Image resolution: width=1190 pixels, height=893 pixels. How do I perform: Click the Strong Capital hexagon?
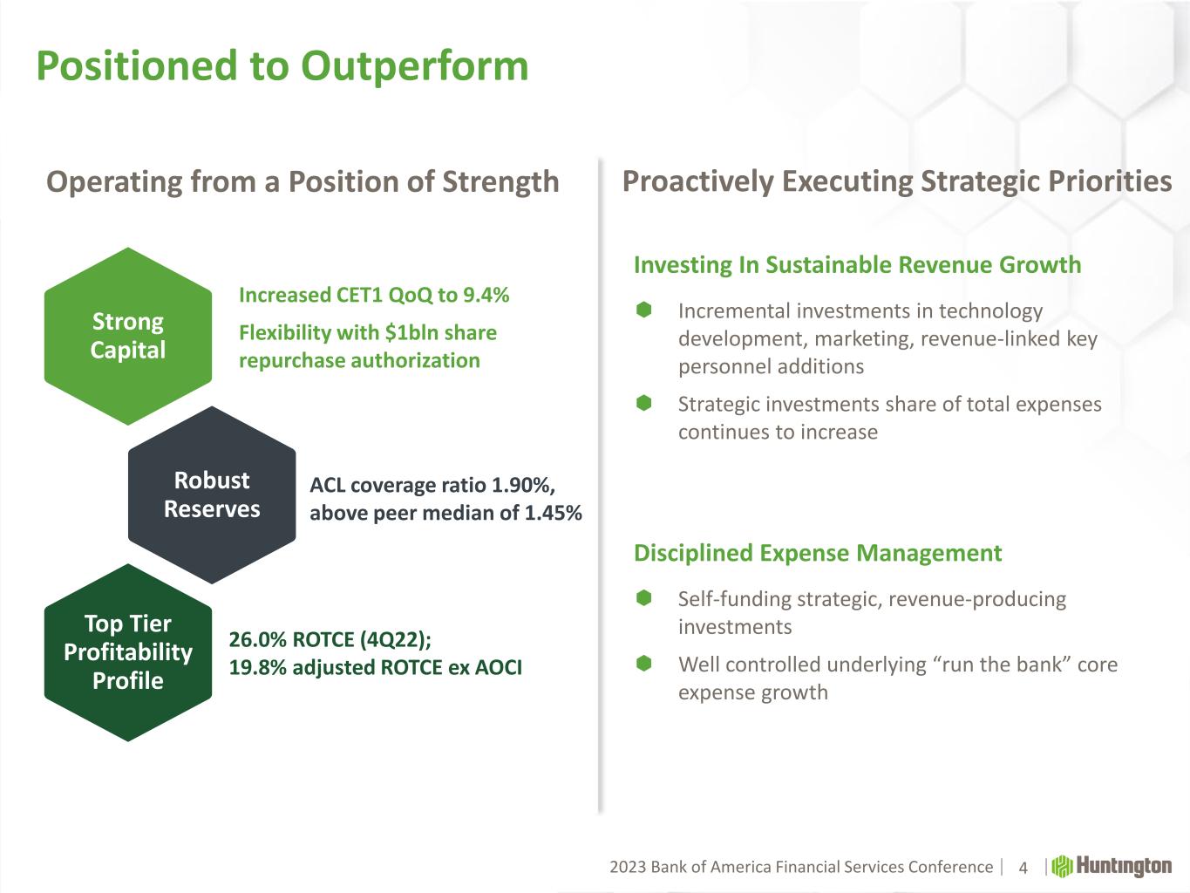coord(128,336)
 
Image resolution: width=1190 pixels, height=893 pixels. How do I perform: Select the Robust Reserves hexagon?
coord(212,495)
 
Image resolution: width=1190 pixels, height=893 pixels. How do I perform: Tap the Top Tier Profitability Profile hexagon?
coord(128,652)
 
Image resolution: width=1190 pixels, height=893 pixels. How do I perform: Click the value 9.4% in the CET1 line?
coord(486,296)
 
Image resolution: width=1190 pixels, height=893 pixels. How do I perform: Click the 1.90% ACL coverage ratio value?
coord(522,485)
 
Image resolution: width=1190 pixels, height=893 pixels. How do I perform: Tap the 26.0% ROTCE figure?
coord(257,640)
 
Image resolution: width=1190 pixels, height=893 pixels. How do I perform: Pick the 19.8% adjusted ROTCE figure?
coord(257,667)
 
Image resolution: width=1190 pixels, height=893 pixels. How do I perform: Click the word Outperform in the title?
coord(415,67)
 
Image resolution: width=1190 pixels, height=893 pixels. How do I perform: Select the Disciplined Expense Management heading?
coord(818,554)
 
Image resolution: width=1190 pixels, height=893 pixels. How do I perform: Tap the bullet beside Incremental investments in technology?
coord(643,310)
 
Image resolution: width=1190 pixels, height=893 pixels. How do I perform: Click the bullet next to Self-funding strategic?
coord(643,598)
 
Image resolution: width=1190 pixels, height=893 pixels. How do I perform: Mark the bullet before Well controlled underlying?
coord(643,663)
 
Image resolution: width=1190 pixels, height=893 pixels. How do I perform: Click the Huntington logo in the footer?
coord(1112,866)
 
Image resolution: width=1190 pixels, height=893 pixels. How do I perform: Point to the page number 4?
coord(1023,868)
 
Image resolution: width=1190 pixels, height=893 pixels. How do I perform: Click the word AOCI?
coord(498,667)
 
